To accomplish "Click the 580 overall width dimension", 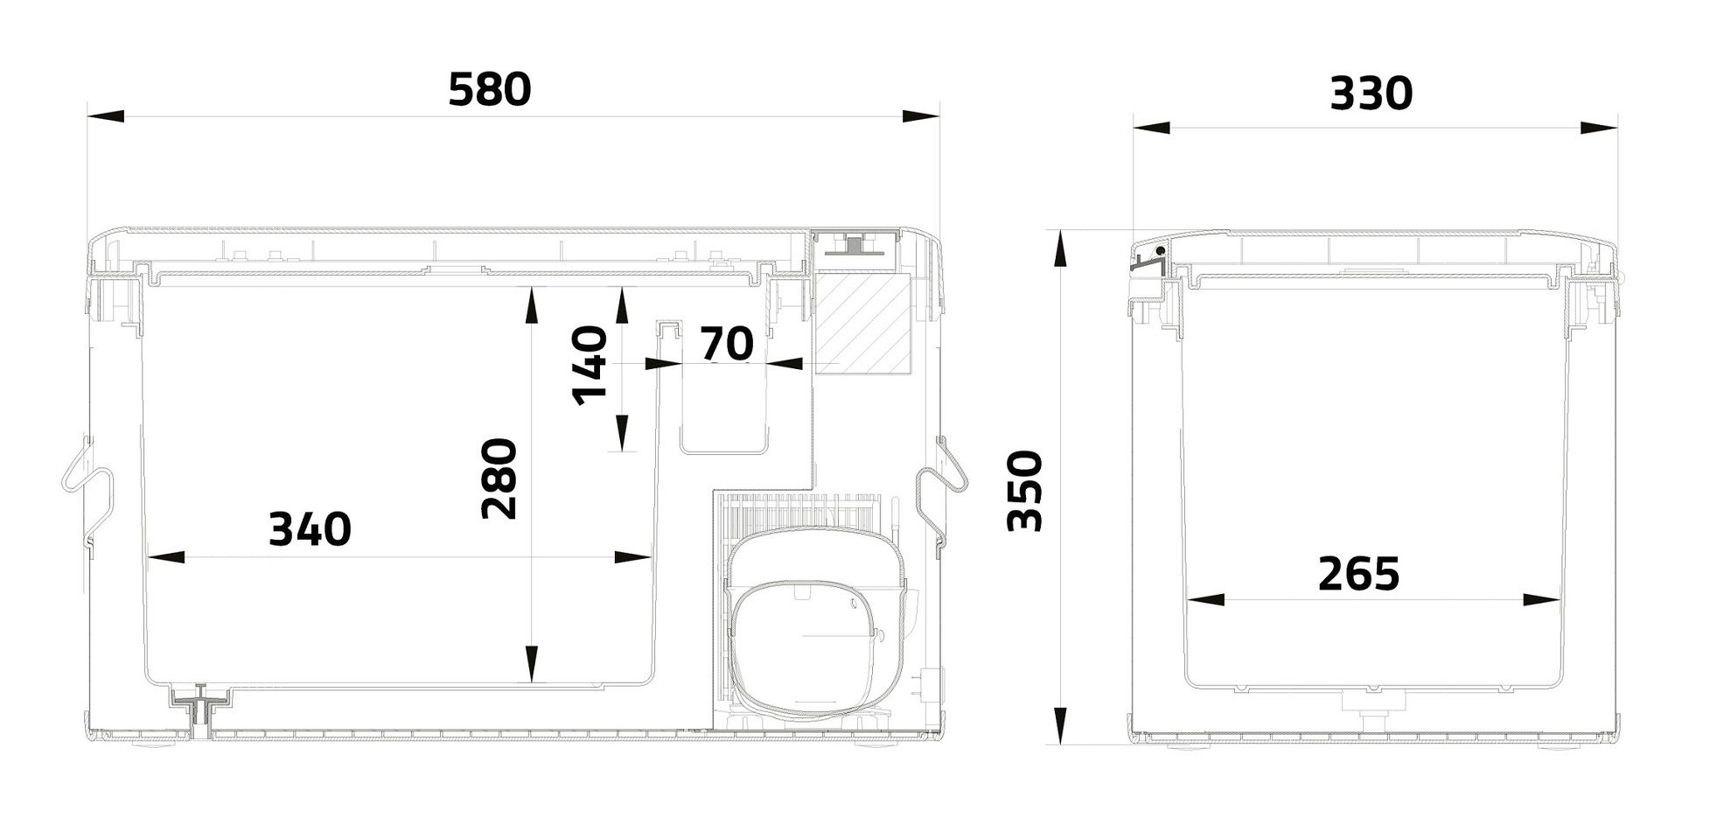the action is [x=489, y=90].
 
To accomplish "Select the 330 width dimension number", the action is [x=1371, y=94].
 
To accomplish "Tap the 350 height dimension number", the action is [x=1026, y=491].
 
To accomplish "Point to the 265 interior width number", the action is [x=1358, y=574].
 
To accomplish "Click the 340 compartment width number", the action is [x=310, y=529].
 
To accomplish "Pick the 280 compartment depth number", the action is [x=500, y=479].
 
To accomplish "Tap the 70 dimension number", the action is [x=727, y=344].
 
